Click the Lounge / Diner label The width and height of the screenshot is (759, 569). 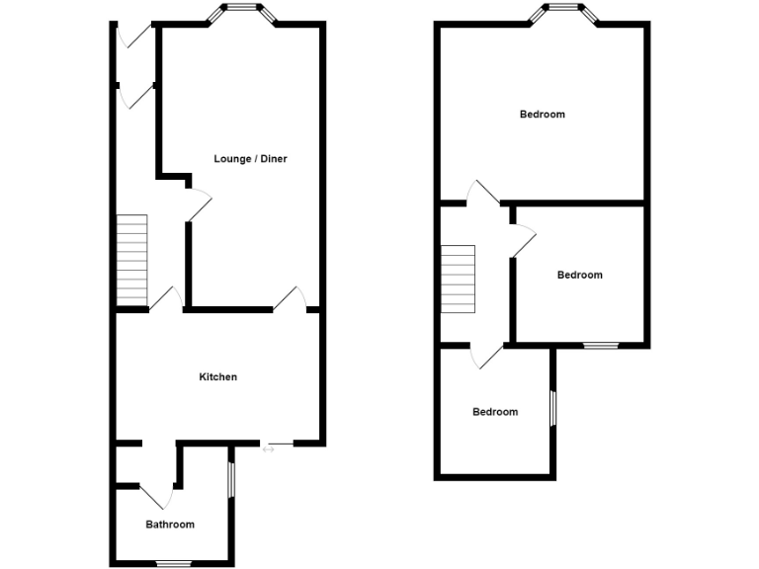[250, 158]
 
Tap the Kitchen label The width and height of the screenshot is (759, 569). [217, 376]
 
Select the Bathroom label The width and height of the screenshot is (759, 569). [170, 525]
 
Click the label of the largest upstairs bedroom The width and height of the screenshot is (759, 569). [543, 115]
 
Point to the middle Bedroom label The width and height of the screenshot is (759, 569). [579, 275]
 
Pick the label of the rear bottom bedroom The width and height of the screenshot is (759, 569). [494, 412]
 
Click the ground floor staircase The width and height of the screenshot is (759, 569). [132, 261]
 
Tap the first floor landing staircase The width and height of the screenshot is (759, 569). [458, 279]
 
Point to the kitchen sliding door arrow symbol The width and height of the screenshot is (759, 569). [269, 450]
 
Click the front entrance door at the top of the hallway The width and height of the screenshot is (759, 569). [135, 35]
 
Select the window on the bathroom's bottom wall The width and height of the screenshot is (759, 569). [170, 563]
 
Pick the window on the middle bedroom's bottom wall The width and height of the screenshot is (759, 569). [599, 345]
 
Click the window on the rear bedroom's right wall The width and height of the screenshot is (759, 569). [552, 406]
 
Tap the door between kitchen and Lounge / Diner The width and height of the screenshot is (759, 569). [291, 298]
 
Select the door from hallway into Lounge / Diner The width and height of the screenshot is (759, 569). [198, 205]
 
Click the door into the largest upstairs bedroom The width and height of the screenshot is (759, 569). [484, 193]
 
